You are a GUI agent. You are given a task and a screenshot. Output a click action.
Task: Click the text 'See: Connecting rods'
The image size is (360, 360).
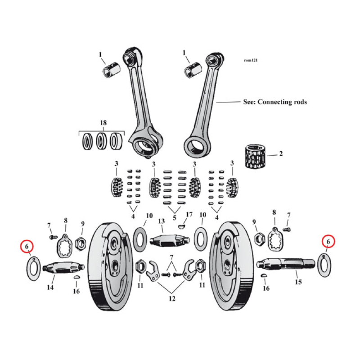click(274, 102)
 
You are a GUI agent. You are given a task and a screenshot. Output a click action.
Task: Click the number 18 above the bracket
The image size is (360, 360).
click(103, 123)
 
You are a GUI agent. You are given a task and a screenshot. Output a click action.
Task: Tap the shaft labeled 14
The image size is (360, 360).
click(60, 268)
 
